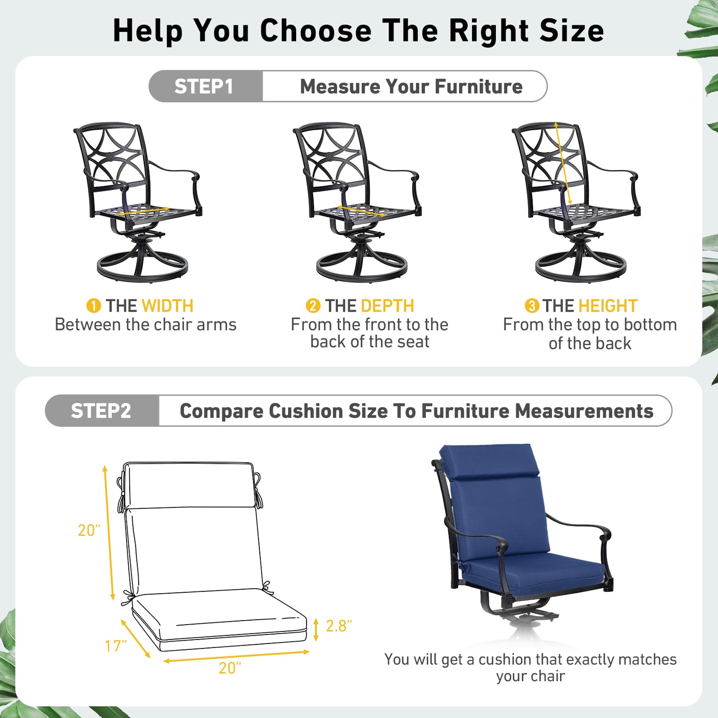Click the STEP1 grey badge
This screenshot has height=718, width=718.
(205, 86)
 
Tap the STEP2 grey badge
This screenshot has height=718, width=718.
(102, 410)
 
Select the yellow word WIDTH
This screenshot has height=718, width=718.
(167, 306)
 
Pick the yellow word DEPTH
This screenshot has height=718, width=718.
(388, 306)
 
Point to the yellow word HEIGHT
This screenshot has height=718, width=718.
(609, 306)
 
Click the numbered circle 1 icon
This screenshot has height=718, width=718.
(93, 306)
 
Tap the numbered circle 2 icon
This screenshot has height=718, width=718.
(313, 306)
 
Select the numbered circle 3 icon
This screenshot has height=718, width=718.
(532, 306)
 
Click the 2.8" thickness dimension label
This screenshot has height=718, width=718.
(339, 626)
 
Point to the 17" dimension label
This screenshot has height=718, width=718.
(116, 646)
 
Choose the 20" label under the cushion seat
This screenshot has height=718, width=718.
(230, 668)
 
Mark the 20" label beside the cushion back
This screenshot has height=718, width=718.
(89, 530)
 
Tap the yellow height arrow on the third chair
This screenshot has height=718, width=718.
(563, 163)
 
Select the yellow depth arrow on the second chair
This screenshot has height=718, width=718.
(362, 211)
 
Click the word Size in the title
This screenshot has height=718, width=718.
(571, 30)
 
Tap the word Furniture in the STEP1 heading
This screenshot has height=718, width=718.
(479, 86)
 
